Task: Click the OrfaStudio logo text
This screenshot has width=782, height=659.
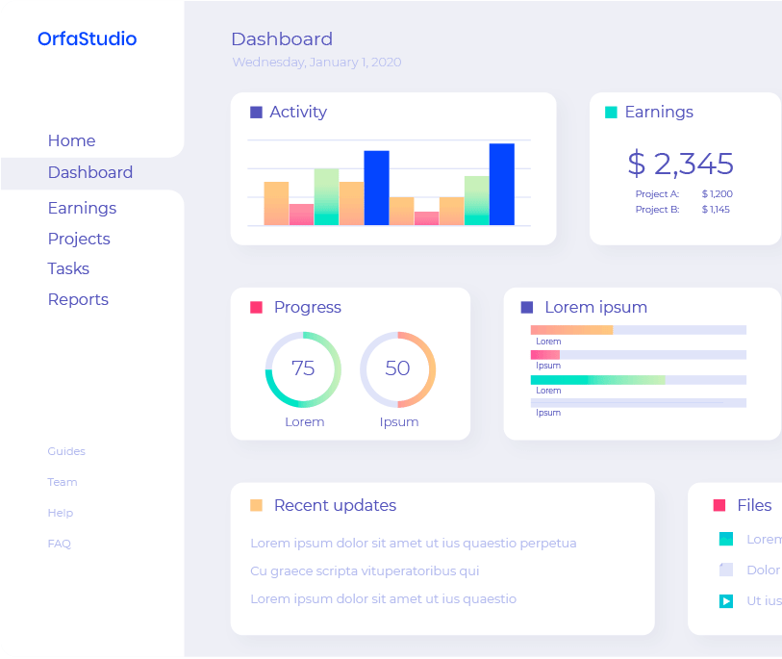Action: point(87,39)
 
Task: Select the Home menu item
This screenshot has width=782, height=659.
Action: point(71,140)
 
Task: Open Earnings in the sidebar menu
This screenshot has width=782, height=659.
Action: point(82,208)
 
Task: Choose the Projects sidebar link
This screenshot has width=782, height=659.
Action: point(79,239)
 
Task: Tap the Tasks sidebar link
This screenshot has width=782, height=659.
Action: point(68,268)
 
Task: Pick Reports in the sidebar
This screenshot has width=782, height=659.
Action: point(78,299)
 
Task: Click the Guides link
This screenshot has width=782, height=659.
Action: point(66,451)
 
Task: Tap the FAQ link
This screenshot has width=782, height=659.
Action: point(60,544)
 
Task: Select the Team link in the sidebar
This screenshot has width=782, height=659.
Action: point(63,482)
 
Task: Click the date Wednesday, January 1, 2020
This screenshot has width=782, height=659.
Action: point(316,63)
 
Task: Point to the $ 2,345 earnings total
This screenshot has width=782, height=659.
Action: point(680,164)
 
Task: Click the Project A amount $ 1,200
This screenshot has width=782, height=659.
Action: point(717,194)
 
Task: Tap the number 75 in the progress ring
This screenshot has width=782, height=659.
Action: point(303,368)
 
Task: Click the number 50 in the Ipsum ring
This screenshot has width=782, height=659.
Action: point(397,368)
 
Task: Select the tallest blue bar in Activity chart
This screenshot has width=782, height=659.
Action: point(501,184)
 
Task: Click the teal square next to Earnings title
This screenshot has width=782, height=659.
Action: point(611,113)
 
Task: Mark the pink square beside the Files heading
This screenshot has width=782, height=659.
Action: point(719,506)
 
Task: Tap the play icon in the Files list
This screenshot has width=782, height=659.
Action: point(726,601)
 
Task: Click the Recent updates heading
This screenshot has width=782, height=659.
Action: point(335,506)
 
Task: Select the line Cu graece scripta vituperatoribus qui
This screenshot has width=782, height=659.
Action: point(365,570)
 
